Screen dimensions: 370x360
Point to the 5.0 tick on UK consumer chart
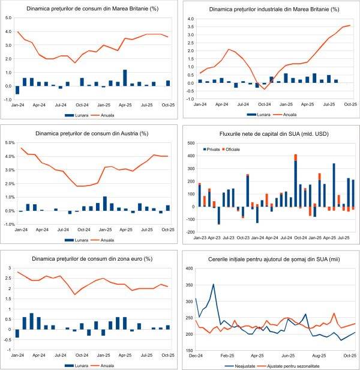point(9,18)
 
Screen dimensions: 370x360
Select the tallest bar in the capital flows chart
point(296,183)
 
